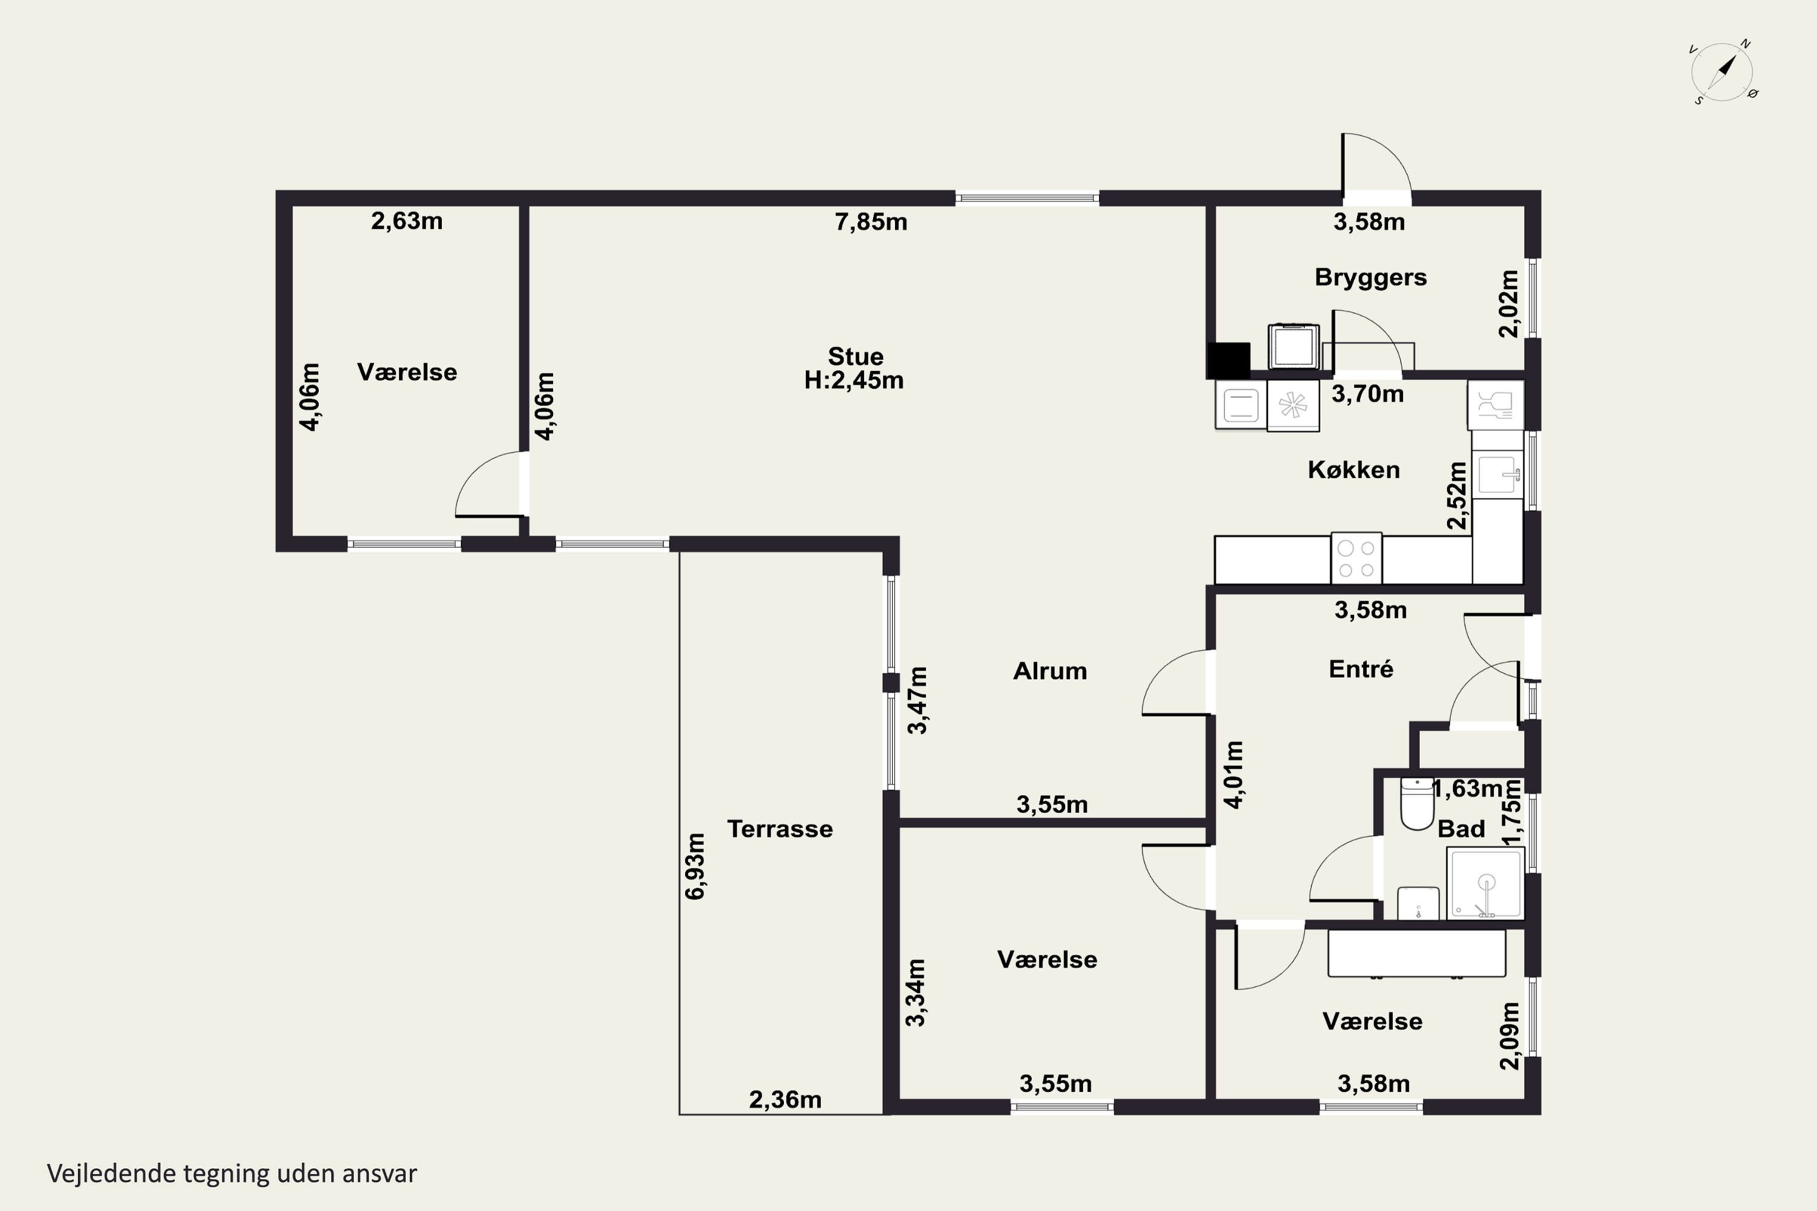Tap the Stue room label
[855, 356]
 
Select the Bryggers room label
[1371, 277]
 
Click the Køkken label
[1354, 470]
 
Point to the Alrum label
[1050, 670]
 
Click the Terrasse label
[779, 829]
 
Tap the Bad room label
[1461, 829]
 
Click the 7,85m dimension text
[871, 222]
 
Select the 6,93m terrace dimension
[695, 866]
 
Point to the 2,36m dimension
[785, 1099]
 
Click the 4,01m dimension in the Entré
[1234, 774]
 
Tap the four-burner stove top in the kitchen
[1357, 558]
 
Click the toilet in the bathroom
[1417, 803]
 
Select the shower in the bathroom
[1486, 883]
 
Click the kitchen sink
[1497, 474]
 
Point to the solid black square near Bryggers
[1228, 360]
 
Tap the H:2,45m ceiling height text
[853, 380]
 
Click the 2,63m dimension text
[406, 221]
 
